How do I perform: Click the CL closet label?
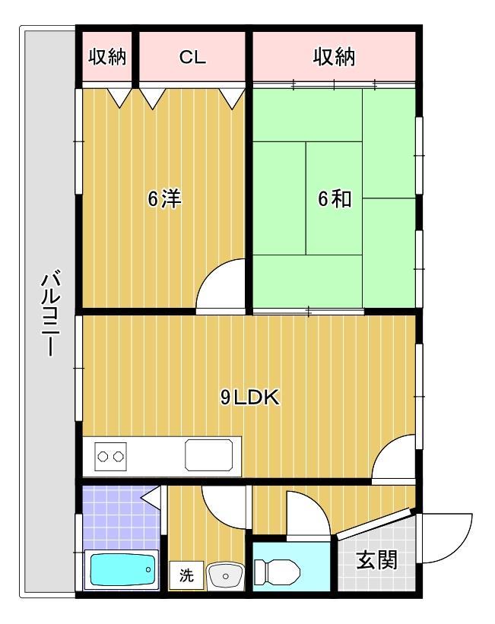pyautogui.click(x=192, y=57)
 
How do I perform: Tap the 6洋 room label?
pyautogui.click(x=164, y=199)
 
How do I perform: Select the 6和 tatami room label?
pyautogui.click(x=335, y=199)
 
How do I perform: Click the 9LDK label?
pyautogui.click(x=251, y=397)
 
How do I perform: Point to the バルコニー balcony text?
pyautogui.click(x=48, y=312)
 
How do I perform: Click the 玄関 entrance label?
pyautogui.click(x=376, y=561)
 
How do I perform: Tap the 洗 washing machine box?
pyautogui.click(x=186, y=575)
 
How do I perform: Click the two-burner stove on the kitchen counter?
pyautogui.click(x=110, y=457)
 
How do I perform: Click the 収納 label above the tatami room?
pyautogui.click(x=335, y=57)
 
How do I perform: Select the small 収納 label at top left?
pyautogui.click(x=108, y=57)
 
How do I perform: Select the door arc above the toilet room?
pyautogui.click(x=308, y=513)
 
